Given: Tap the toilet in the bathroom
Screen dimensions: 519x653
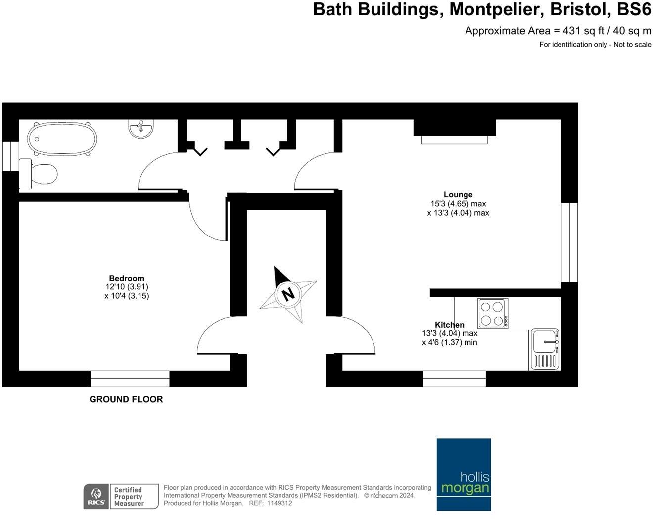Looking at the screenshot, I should [x=40, y=174].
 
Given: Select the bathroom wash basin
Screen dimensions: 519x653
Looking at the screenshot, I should [x=141, y=128].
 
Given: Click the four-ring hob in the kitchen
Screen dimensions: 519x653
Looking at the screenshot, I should [x=493, y=313].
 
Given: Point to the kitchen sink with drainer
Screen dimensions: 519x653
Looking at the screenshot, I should [x=545, y=349].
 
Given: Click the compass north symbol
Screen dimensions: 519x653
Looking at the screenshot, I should [x=288, y=294].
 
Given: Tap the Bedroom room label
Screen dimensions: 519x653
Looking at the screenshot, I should [x=127, y=278].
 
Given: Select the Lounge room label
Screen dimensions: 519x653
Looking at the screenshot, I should [x=458, y=195].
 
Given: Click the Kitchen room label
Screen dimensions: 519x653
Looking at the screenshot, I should [x=450, y=325].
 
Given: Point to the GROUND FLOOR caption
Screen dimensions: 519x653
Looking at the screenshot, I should [x=126, y=399].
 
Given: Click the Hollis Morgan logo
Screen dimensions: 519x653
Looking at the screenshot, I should [x=464, y=474].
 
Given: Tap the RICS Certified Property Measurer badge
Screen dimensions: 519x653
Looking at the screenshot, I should [x=121, y=496].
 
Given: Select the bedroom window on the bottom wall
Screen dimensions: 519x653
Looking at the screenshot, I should [x=130, y=379].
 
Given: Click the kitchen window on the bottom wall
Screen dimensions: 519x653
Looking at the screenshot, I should [x=455, y=379].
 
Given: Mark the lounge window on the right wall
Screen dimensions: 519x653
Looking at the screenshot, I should [x=569, y=242].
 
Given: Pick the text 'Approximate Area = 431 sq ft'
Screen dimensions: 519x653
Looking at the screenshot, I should [x=523, y=31].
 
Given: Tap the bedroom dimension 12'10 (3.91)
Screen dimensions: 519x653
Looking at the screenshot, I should [x=127, y=287].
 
